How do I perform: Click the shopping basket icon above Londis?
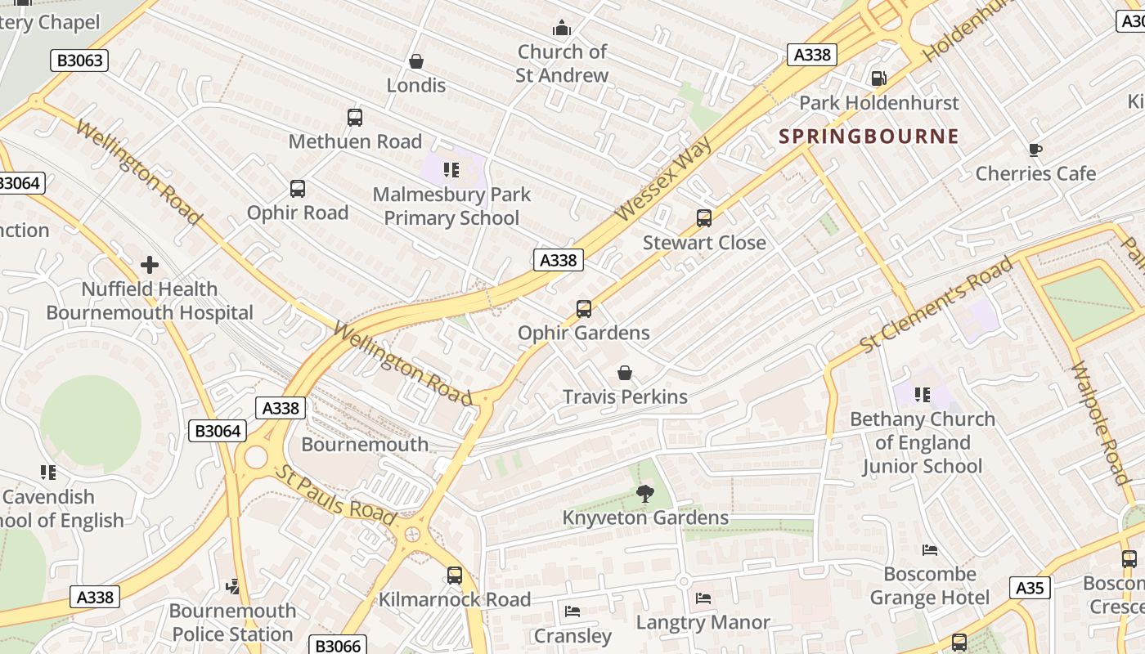pyautogui.click(x=416, y=61)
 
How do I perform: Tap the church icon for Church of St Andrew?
pyautogui.click(x=562, y=28)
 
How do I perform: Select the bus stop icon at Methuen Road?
pyautogui.click(x=355, y=118)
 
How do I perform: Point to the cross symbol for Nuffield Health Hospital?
pyautogui.click(x=150, y=265)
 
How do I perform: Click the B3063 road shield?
pyautogui.click(x=79, y=60)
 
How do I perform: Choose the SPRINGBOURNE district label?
pyautogui.click(x=869, y=137)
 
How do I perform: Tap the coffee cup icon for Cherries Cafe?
pyautogui.click(x=1035, y=150)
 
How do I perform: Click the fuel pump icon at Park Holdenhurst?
pyautogui.click(x=879, y=78)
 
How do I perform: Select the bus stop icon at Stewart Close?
pyautogui.click(x=704, y=218)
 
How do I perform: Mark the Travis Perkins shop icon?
pyautogui.click(x=625, y=373)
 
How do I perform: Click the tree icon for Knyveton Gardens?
pyautogui.click(x=645, y=493)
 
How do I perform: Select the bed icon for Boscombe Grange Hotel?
pyautogui.click(x=930, y=549)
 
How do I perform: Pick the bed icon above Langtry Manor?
pyautogui.click(x=703, y=598)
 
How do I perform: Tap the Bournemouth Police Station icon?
pyautogui.click(x=234, y=586)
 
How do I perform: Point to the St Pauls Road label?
pyautogui.click(x=335, y=496)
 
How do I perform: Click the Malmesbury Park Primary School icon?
pyautogui.click(x=451, y=170)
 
